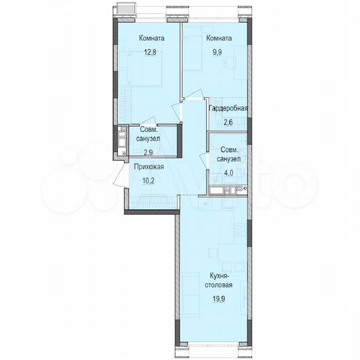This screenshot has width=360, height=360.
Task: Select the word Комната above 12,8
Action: point(152,38)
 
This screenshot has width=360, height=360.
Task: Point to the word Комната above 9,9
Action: point(219,38)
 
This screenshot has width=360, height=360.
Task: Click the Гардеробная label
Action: point(229,109)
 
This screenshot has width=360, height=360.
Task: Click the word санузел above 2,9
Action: point(149,139)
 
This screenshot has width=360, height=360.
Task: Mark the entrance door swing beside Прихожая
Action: point(121,177)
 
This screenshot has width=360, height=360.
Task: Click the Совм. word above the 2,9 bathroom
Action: point(149,130)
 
